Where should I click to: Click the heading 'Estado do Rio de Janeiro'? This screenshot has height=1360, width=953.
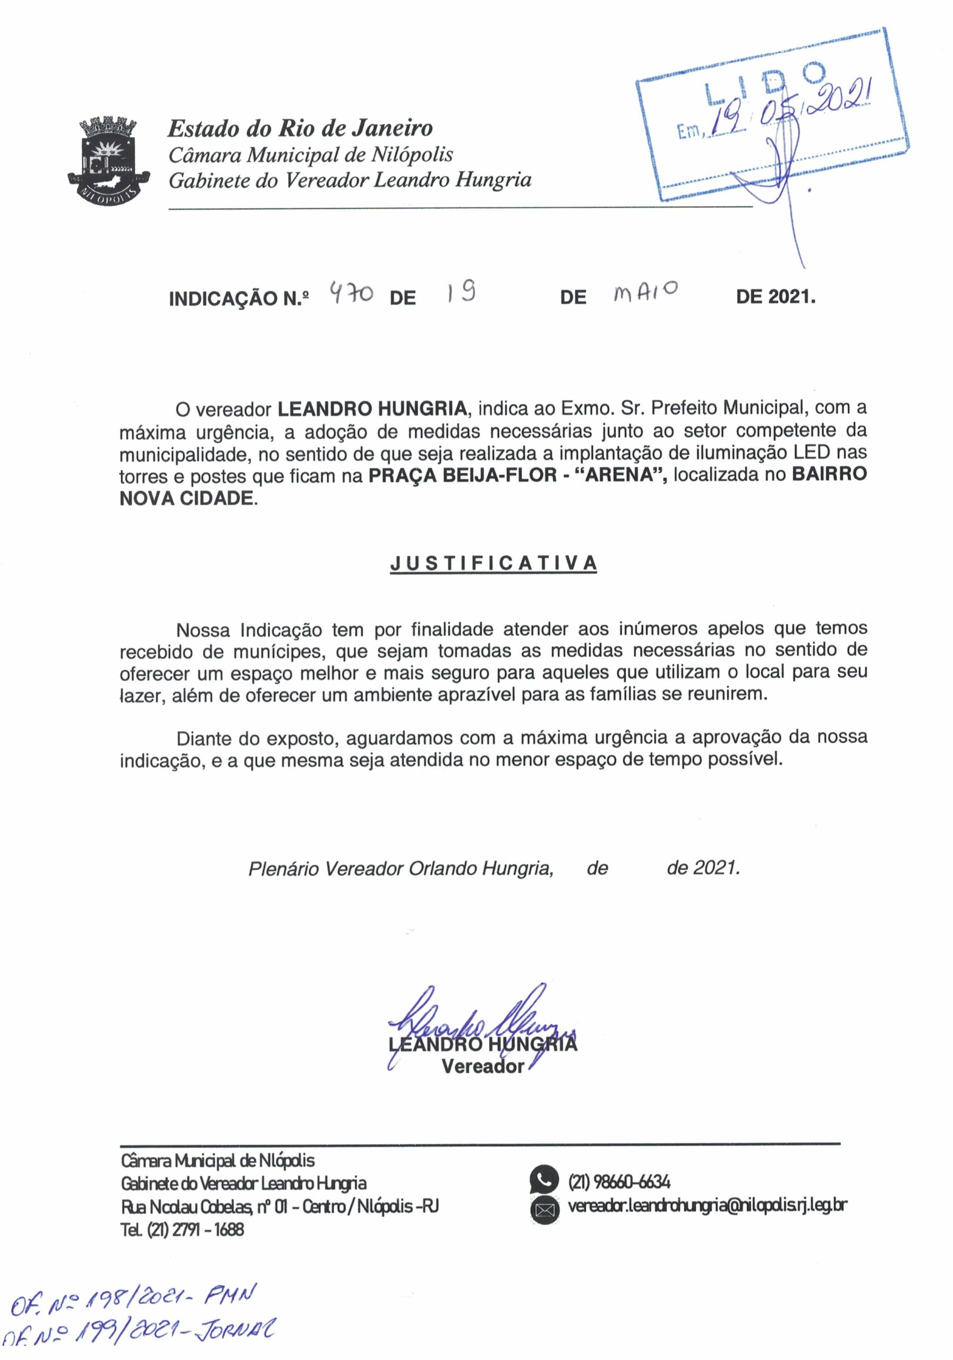(300, 128)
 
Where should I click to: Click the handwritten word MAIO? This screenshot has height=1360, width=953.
(646, 292)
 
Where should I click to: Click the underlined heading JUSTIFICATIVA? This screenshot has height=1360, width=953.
(493, 563)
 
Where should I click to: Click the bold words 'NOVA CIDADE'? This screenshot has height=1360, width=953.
(186, 498)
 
